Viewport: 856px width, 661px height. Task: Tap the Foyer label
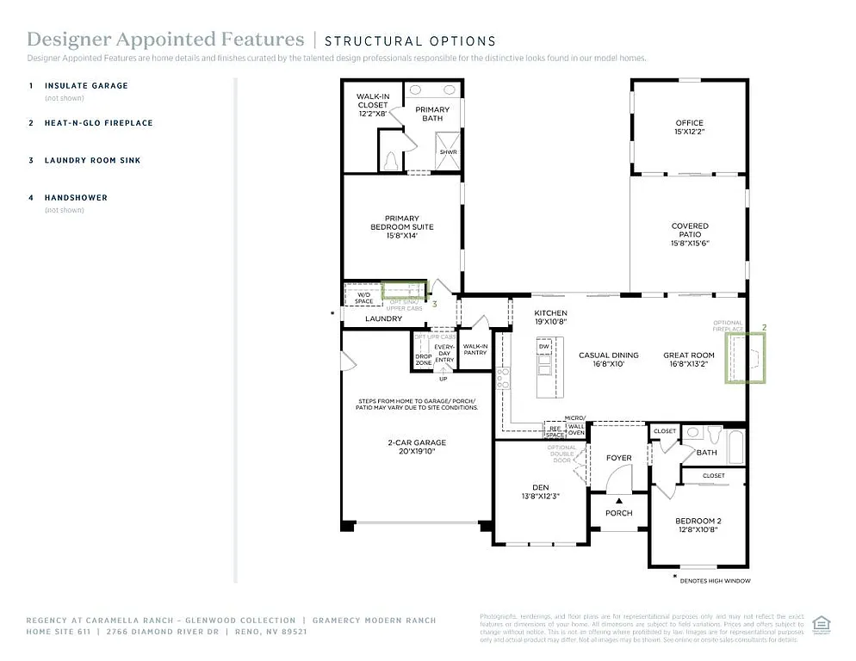[x=618, y=458]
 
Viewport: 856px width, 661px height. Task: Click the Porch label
[x=618, y=513]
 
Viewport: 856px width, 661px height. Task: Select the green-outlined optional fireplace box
[x=745, y=358]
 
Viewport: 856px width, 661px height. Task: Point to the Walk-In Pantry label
[x=475, y=349]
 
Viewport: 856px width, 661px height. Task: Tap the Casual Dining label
[x=608, y=360]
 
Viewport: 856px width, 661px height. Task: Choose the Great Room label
[x=688, y=360]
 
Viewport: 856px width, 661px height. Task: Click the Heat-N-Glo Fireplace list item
[x=98, y=123]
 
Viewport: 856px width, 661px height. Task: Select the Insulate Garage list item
[x=86, y=86]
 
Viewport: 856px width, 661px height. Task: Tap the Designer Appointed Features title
[x=165, y=40]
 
